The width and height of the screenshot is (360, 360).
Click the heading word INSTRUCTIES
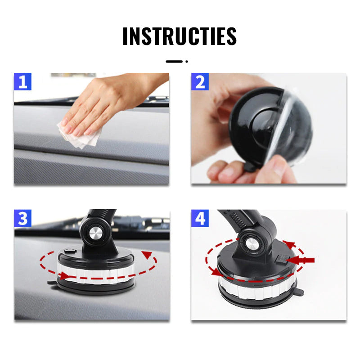[x=180, y=36]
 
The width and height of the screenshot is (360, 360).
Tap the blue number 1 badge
[x=22, y=81]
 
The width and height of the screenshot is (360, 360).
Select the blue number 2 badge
[x=200, y=81]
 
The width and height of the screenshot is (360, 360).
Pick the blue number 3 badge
[x=22, y=218]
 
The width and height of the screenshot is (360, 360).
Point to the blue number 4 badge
[x=200, y=218]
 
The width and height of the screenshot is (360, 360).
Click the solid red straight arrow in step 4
[x=300, y=260]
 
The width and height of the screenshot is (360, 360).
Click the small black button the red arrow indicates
[x=280, y=259]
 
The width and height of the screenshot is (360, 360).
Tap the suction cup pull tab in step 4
[x=299, y=292]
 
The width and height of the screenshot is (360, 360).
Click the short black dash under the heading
[x=174, y=62]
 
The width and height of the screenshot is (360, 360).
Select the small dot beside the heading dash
[x=187, y=62]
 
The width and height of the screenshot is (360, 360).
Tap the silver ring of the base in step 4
[x=257, y=290]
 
